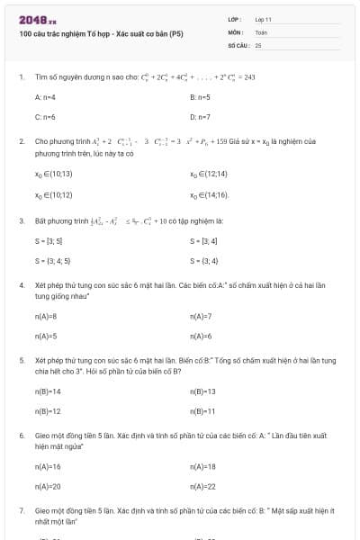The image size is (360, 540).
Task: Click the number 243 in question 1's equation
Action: pyautogui.click(x=249, y=77)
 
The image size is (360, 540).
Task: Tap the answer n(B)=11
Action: pyautogui.click(x=202, y=411)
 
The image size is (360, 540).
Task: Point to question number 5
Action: pyautogui.click(x=21, y=359)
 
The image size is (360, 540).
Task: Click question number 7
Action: pyautogui.click(x=21, y=509)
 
